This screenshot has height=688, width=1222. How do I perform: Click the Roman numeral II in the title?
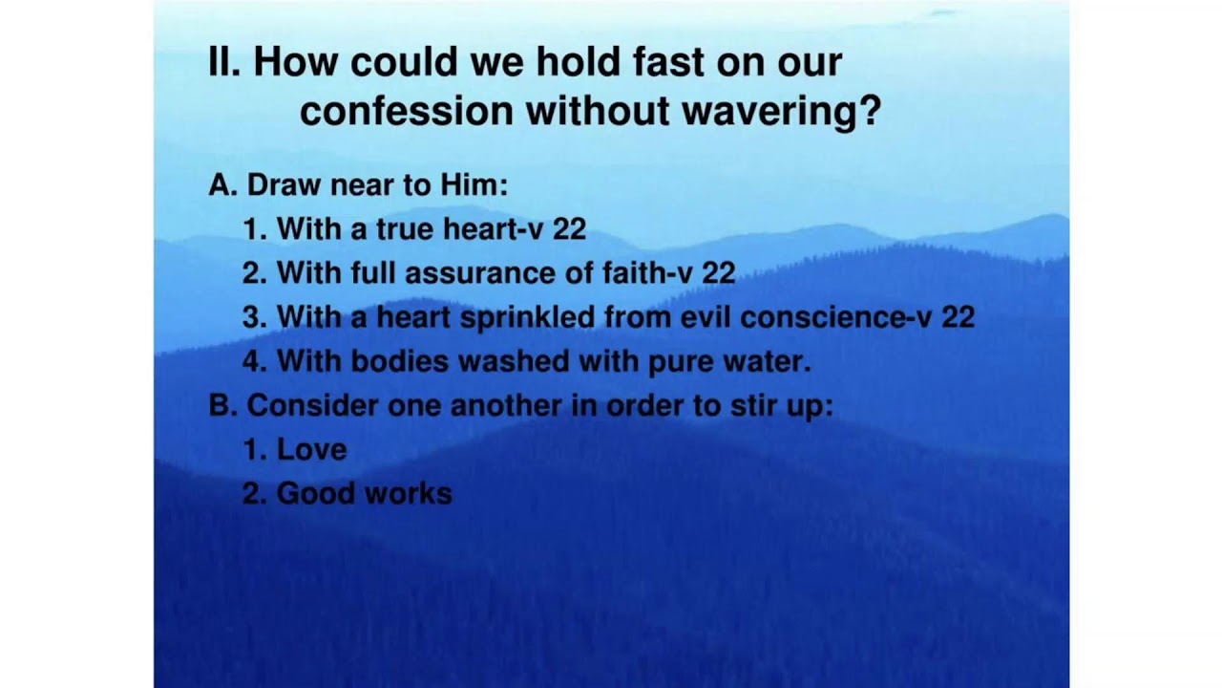(x=223, y=61)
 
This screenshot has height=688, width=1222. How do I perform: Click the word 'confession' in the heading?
(x=407, y=111)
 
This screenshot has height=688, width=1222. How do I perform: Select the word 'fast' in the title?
(x=668, y=61)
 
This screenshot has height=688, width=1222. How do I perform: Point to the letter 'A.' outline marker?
(x=223, y=184)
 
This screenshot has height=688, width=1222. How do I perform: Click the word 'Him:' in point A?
(x=474, y=184)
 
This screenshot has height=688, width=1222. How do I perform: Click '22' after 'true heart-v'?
(x=570, y=228)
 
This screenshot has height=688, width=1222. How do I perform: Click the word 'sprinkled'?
(x=527, y=318)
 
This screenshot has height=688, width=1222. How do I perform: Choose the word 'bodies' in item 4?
(x=399, y=361)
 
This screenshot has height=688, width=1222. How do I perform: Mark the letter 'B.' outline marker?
(x=223, y=406)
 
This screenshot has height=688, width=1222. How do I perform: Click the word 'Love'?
(x=311, y=450)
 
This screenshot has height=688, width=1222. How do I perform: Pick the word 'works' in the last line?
(x=408, y=494)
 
